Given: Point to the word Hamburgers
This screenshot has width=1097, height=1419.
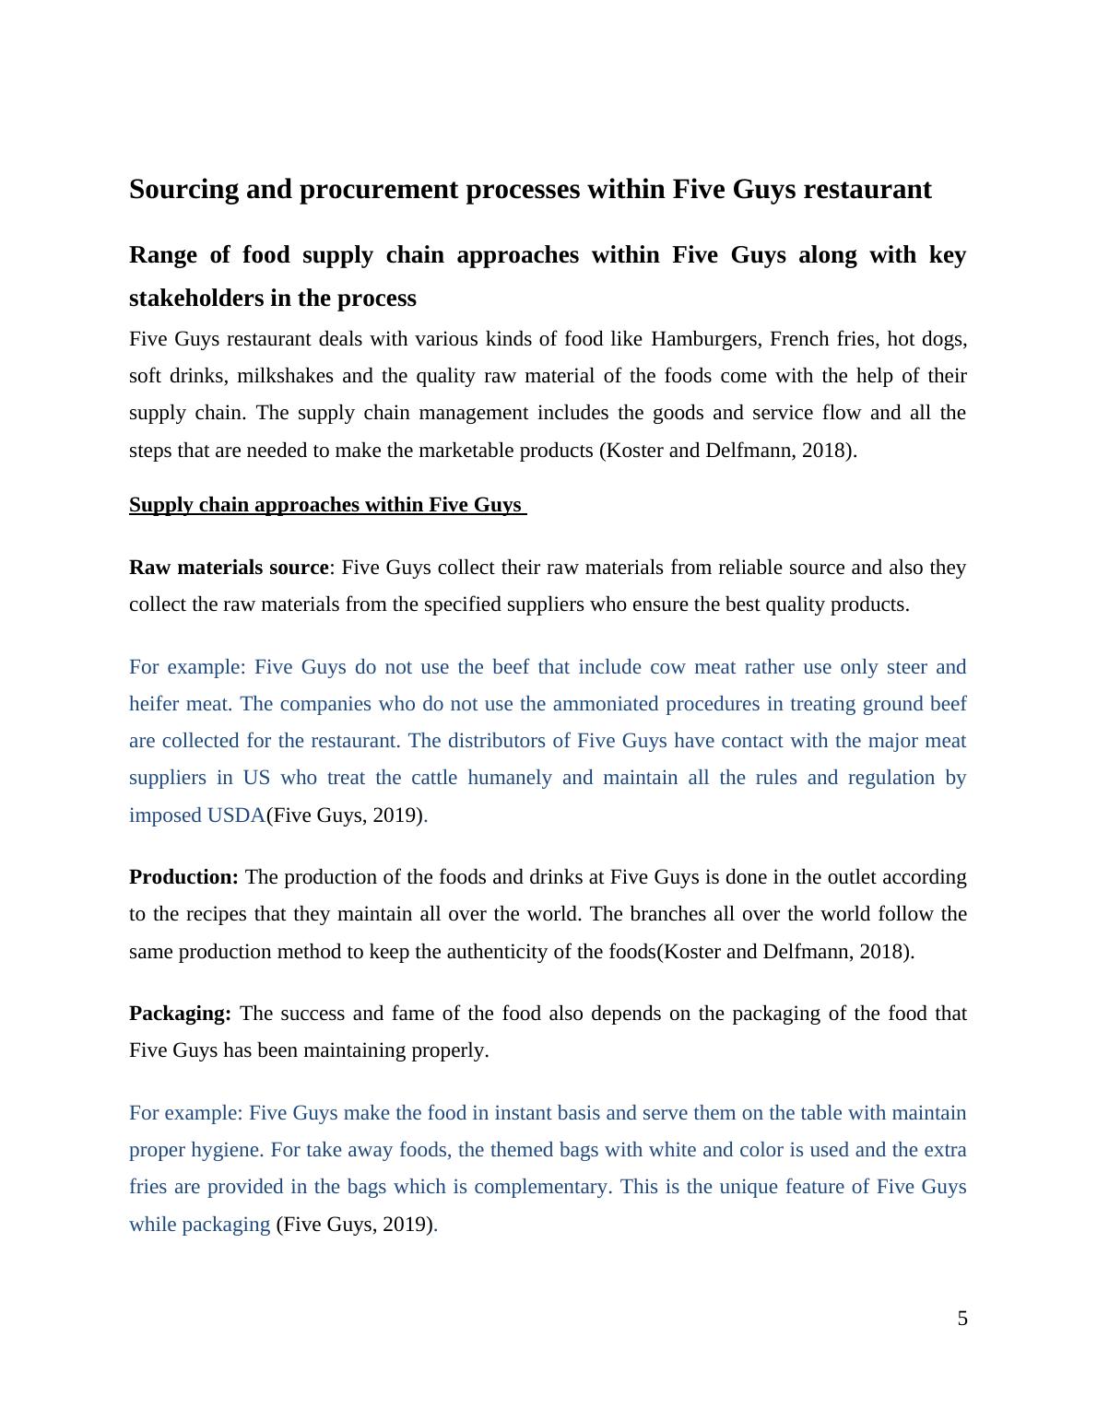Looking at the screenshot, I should pos(705,339).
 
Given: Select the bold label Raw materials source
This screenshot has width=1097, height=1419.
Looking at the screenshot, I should pos(229,568).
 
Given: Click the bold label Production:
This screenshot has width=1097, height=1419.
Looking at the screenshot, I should pos(183,877).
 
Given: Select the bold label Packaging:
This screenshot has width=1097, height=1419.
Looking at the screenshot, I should pos(180,1014).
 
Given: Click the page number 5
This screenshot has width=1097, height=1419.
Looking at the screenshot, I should pos(962,1319).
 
